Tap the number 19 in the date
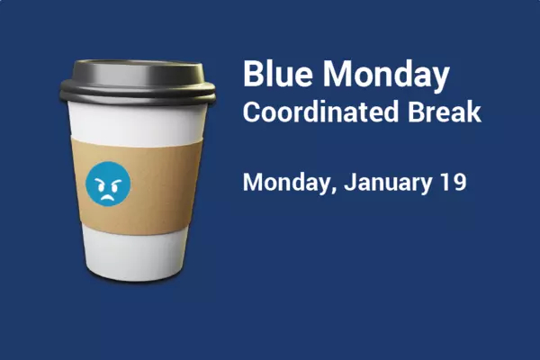click(453, 182)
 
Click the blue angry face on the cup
click(108, 184)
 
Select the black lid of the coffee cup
click(139, 79)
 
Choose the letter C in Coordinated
click(253, 112)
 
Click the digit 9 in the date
click(459, 182)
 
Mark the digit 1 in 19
click(445, 182)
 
